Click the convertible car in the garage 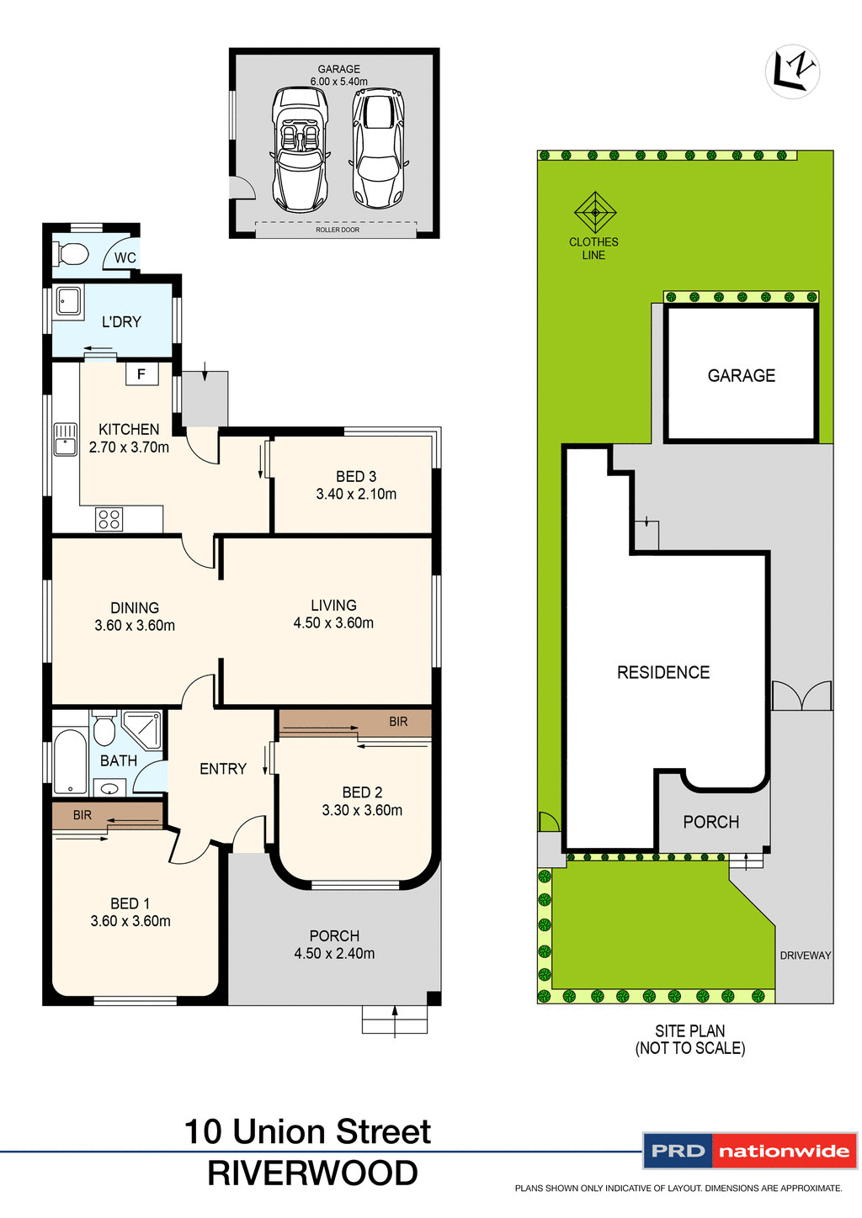[x=300, y=150]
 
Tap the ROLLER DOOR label [x=337, y=230]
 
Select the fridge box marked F [x=141, y=373]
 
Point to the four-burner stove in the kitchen [x=109, y=519]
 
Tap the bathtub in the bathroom [x=71, y=761]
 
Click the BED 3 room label [x=356, y=476]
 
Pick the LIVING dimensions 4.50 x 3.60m [x=333, y=623]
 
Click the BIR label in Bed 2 [x=398, y=722]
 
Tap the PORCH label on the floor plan [x=334, y=935]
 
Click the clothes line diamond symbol [x=595, y=212]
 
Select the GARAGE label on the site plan [x=741, y=376]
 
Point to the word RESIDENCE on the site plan [x=663, y=672]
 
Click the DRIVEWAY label [x=805, y=956]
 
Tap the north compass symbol [x=792, y=71]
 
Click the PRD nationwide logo [x=749, y=1151]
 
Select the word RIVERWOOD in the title [x=312, y=1173]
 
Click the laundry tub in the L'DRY [x=68, y=301]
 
